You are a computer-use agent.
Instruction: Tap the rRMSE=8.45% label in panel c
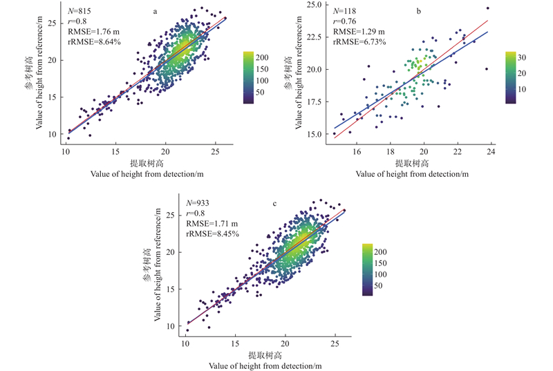pyautogui.click(x=212, y=234)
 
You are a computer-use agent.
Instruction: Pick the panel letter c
pyautogui.click(x=275, y=203)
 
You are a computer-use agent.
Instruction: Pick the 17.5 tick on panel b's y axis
pyautogui.click(x=315, y=102)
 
